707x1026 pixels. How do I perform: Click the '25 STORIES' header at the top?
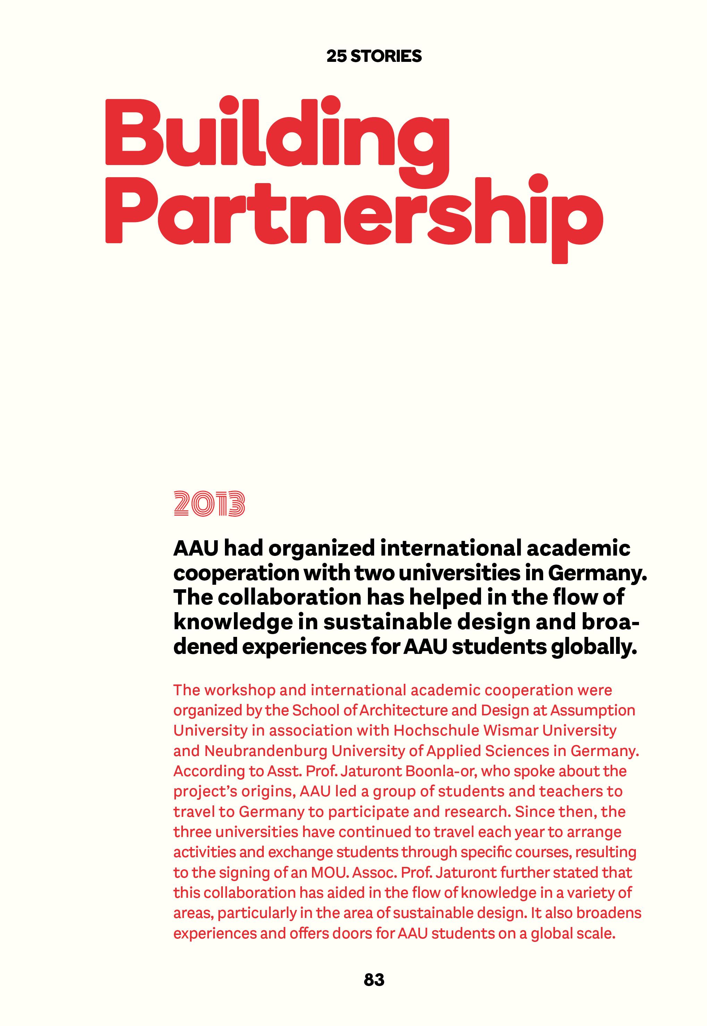[374, 56]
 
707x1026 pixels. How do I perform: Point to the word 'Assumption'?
[593, 710]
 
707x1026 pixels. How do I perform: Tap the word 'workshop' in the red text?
[240, 690]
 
